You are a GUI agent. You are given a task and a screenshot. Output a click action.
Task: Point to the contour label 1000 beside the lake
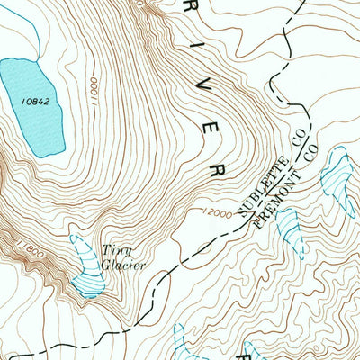(93, 89)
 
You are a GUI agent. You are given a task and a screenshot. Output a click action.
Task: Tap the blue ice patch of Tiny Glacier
(86, 270)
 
